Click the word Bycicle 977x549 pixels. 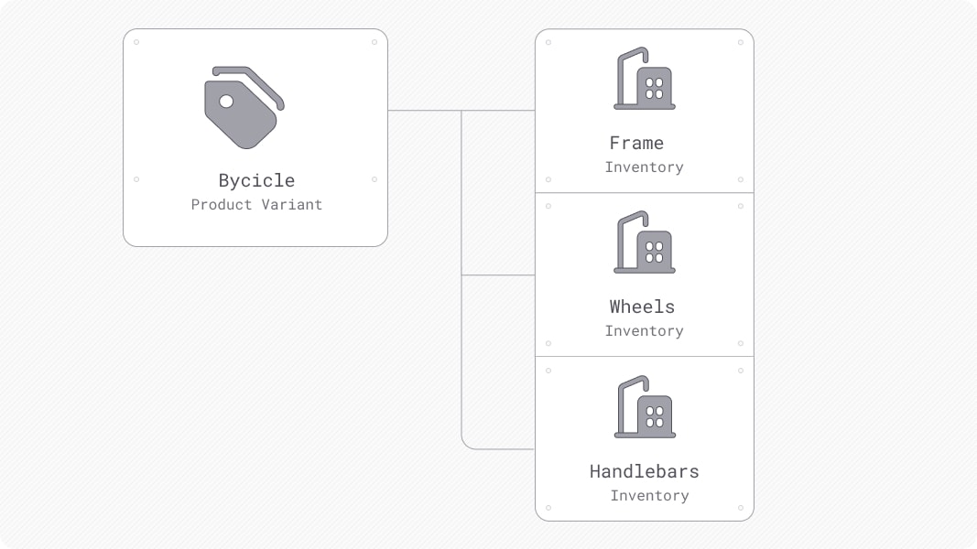click(x=256, y=180)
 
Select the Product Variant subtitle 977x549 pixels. click(x=256, y=205)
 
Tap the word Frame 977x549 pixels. click(x=636, y=143)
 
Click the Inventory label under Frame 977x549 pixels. click(x=644, y=167)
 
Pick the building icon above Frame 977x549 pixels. click(x=644, y=80)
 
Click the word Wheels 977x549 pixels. click(x=642, y=307)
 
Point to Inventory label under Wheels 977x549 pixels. click(x=644, y=331)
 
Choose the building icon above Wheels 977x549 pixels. click(x=644, y=243)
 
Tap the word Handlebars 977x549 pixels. click(x=644, y=471)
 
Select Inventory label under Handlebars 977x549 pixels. click(x=649, y=496)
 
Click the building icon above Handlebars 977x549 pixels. click(x=644, y=408)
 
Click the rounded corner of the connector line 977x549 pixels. click(x=465, y=445)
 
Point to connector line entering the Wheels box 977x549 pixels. click(x=499, y=274)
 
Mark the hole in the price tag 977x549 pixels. click(x=226, y=101)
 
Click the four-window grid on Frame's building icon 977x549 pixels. click(x=654, y=88)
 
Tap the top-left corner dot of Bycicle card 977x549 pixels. click(x=136, y=42)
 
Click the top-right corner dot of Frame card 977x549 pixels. click(x=741, y=42)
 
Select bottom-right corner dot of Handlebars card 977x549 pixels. click(x=741, y=508)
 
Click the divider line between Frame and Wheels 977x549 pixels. click(x=644, y=192)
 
